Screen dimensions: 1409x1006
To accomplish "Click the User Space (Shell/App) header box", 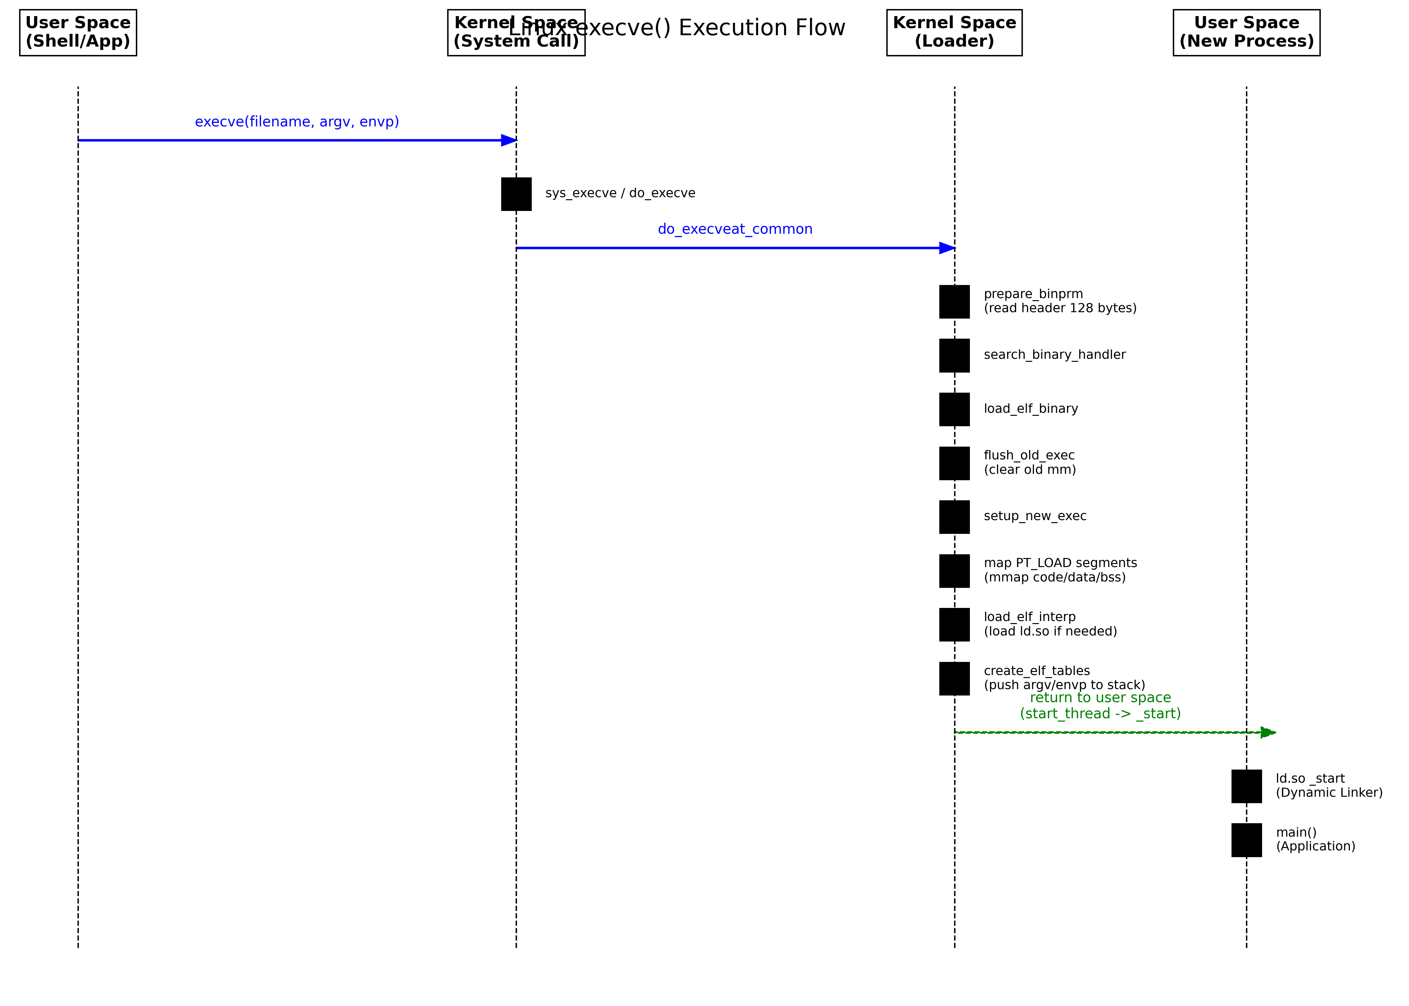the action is [78, 32].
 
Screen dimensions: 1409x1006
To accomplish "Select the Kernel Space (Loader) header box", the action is [954, 32].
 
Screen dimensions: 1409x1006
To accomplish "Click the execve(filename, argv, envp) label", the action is [297, 121].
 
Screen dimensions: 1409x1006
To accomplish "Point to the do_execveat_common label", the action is [735, 229].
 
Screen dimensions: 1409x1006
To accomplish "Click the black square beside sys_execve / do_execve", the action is [516, 194].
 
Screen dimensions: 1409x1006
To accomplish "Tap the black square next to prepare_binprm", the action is [954, 302].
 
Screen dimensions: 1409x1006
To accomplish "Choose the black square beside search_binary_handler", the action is [954, 355].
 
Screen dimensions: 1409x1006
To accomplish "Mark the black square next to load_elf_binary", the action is [954, 409].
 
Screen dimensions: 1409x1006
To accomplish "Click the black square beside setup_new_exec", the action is [954, 517].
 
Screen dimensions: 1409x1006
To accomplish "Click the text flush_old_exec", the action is [1029, 455].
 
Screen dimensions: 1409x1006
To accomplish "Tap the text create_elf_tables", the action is [1037, 671].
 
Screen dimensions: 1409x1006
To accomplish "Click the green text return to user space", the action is [1100, 697].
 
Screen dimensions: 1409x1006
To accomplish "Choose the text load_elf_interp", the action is [1030, 617].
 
